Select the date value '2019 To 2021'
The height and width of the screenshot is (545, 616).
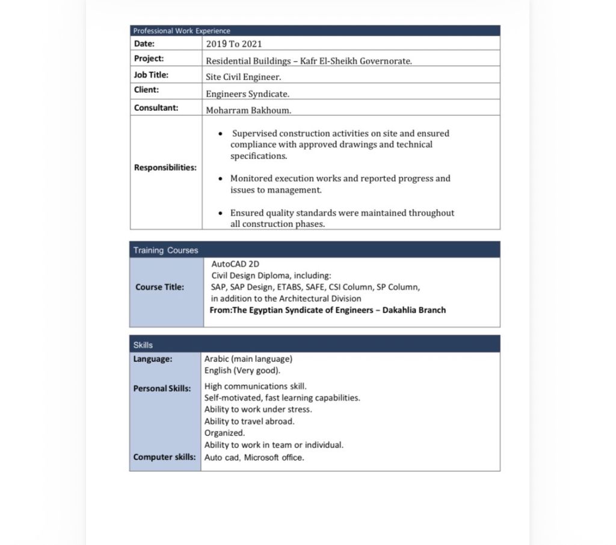click(x=234, y=44)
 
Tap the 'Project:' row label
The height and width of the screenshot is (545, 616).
click(x=149, y=59)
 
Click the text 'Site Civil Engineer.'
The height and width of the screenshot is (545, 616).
click(x=244, y=77)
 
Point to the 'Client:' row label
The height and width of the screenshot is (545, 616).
click(x=146, y=90)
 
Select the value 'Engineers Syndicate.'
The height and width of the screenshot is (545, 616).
click(x=248, y=94)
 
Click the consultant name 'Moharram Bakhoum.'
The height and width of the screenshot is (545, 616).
click(x=249, y=110)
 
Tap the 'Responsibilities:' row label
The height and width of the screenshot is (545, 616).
click(x=165, y=168)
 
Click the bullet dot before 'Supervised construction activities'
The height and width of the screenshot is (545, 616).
click(x=221, y=134)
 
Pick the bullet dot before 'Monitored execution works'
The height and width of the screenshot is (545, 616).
click(x=221, y=179)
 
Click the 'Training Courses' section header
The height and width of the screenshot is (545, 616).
click(x=165, y=251)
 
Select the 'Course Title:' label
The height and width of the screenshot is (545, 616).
click(x=160, y=287)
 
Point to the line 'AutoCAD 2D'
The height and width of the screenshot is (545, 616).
click(x=236, y=264)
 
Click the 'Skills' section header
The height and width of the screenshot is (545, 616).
click(x=143, y=345)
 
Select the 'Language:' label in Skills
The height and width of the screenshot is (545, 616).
click(x=153, y=359)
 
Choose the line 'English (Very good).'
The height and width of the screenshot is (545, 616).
click(x=242, y=371)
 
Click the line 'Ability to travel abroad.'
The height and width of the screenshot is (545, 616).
click(x=250, y=422)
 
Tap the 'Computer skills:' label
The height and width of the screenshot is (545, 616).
click(x=164, y=457)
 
